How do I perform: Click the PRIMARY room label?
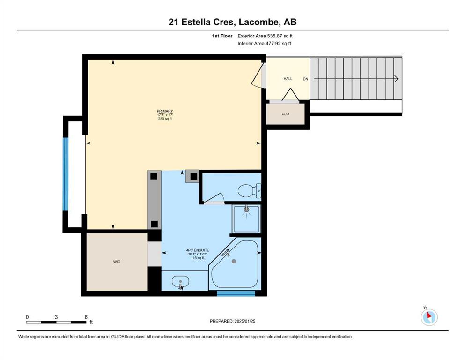click(165, 111)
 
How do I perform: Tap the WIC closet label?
click(117, 262)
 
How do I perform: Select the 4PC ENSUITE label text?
click(198, 250)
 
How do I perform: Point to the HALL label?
click(288, 79)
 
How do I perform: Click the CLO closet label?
click(285, 114)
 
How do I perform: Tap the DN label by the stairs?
click(305, 79)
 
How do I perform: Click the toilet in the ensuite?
click(250, 190)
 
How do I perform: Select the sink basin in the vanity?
click(181, 281)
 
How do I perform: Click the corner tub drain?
click(234, 261)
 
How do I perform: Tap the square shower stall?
click(246, 219)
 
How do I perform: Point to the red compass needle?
click(428, 315)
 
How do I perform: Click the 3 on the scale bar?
click(56, 317)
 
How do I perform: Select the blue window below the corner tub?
click(236, 293)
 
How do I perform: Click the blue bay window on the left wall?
click(65, 174)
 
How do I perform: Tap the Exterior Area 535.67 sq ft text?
click(265, 36)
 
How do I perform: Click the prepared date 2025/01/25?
click(244, 321)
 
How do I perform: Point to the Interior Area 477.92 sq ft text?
click(264, 43)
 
